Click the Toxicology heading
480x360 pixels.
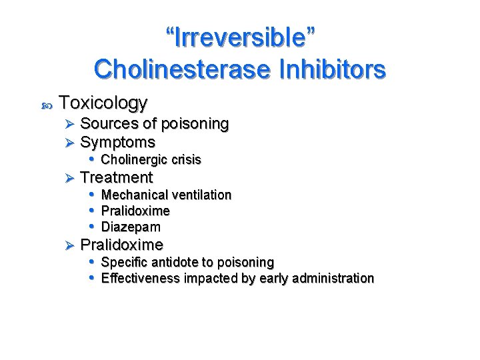point(103,103)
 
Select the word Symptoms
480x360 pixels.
point(117,142)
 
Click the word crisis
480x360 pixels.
point(187,160)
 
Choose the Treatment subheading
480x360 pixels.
point(116,177)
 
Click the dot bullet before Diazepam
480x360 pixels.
point(92,227)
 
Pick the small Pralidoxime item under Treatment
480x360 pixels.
point(135,211)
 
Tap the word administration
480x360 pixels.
point(335,278)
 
